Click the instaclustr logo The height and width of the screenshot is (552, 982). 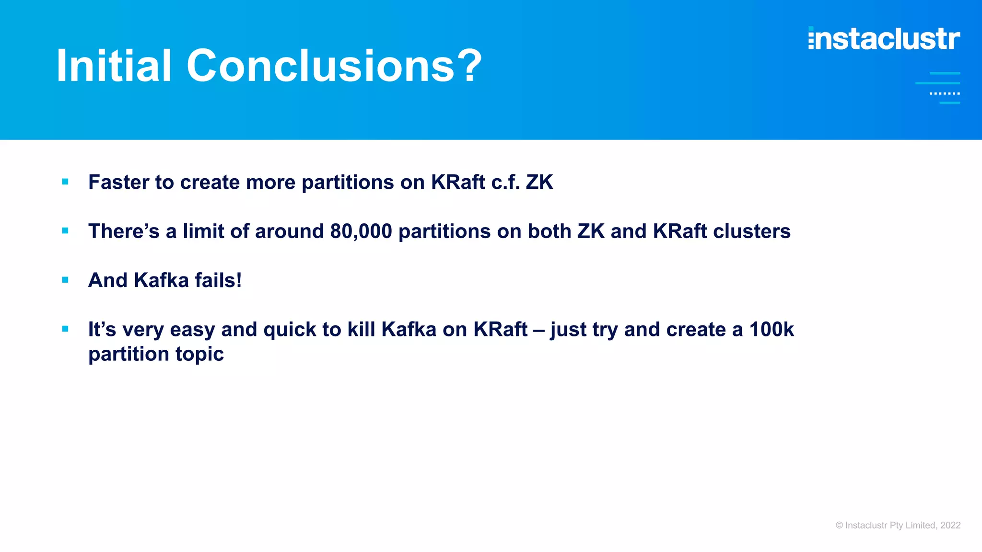[x=884, y=38]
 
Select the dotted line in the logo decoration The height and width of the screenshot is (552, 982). [x=945, y=93]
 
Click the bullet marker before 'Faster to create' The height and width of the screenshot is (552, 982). [x=65, y=182]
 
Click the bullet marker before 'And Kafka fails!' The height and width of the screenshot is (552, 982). [x=65, y=280]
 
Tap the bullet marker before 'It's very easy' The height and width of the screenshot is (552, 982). [x=65, y=329]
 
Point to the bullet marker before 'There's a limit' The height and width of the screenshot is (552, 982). [x=65, y=230]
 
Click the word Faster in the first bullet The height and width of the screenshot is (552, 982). [x=118, y=182]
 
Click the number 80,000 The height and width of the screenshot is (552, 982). [x=361, y=231]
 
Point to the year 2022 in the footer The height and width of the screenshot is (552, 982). [x=950, y=525]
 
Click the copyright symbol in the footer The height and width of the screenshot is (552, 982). [x=839, y=525]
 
